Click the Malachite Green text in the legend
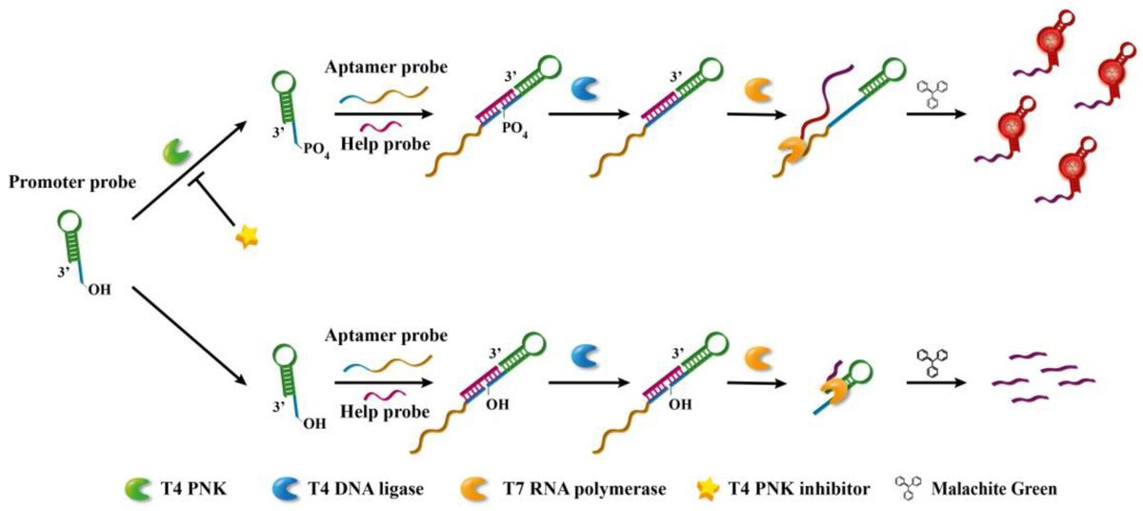point(997,489)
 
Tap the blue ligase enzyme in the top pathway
point(584,90)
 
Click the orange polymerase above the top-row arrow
point(757,90)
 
